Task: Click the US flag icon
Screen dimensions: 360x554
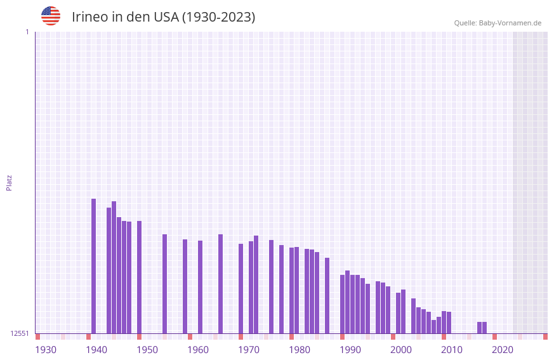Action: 51,16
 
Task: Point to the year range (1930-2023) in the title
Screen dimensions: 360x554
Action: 218,17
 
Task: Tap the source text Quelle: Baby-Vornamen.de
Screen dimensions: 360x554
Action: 498,23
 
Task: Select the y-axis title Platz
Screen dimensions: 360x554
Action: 9,182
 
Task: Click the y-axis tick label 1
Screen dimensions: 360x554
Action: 27,32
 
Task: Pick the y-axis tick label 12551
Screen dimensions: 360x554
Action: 20,333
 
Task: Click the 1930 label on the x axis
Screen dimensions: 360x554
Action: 46,350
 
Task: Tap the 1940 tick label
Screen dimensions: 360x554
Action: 96,350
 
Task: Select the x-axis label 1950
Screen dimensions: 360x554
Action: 147,350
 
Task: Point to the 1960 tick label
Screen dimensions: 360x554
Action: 198,350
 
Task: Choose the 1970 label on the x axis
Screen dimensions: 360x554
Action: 249,350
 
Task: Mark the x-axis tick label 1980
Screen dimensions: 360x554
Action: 300,350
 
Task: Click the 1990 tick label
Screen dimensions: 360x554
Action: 350,350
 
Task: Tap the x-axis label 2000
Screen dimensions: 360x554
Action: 401,350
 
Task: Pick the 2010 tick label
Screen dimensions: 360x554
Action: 452,350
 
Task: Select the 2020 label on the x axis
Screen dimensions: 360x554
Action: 503,350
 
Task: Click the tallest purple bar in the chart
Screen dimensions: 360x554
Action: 94,267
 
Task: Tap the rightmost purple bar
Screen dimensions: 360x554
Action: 485,328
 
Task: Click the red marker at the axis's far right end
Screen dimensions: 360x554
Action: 545,337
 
